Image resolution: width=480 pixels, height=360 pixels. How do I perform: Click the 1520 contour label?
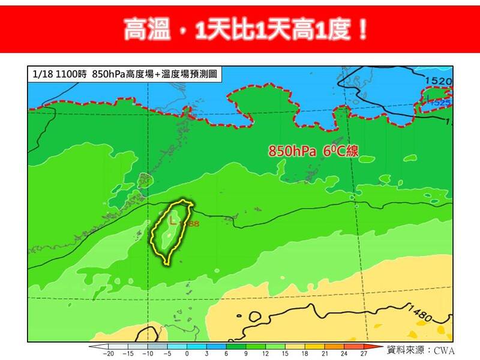pyautogui.click(x=437, y=80)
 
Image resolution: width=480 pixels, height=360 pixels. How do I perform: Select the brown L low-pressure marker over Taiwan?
pyautogui.click(x=173, y=219)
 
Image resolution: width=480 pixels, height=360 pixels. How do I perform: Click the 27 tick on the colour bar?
pyautogui.click(x=364, y=354)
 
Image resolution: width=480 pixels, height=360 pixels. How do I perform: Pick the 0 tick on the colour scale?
pyautogui.click(x=187, y=354)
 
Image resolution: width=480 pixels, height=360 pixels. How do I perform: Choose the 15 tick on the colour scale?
pyautogui.click(x=286, y=354)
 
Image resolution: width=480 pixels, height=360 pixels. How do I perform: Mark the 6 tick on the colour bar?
pyautogui.click(x=227, y=354)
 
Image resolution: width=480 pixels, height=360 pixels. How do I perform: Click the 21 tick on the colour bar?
pyautogui.click(x=325, y=354)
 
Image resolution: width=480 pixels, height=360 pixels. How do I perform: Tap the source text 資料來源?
pyautogui.click(x=406, y=350)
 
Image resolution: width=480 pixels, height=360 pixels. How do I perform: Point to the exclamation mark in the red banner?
pyautogui.click(x=361, y=28)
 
